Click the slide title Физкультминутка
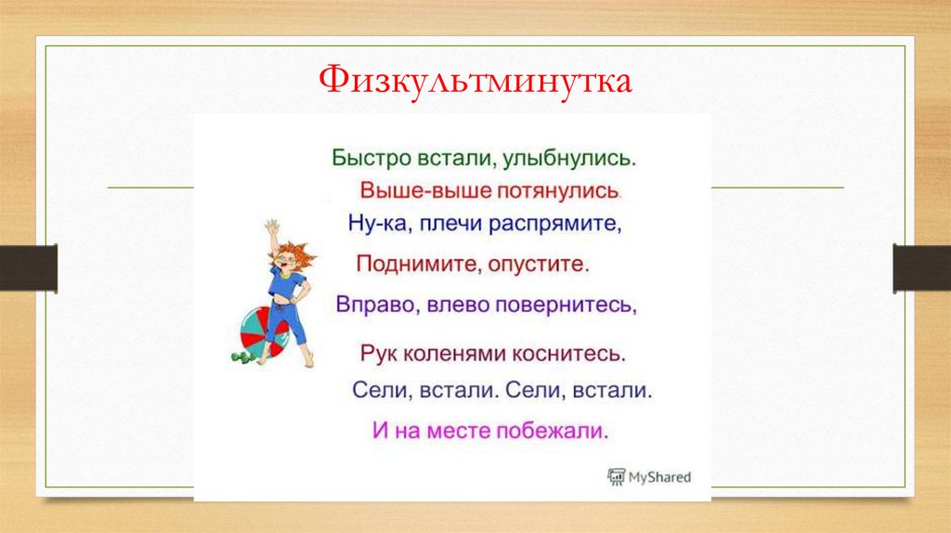pos(475,82)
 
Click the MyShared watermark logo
pos(649,477)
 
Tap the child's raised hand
pos(270,227)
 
